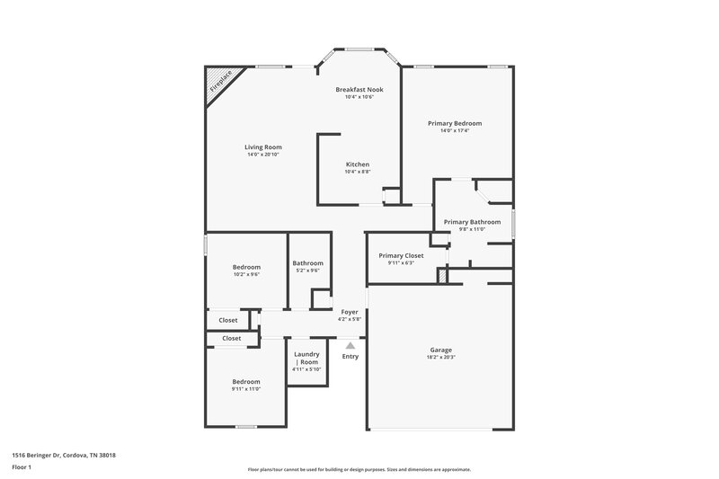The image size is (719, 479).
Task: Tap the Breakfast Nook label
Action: (359, 90)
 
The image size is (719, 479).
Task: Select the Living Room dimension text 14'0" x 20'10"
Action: (263, 155)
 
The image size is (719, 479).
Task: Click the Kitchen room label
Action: (359, 164)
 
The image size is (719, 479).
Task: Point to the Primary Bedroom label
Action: (455, 123)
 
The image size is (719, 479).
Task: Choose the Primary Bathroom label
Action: (472, 221)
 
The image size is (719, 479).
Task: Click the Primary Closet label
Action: (401, 255)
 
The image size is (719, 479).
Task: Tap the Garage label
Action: (440, 350)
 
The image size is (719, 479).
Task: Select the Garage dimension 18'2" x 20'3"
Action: (440, 358)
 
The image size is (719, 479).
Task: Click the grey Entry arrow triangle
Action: (351, 344)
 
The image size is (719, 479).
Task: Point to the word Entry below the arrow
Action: (351, 357)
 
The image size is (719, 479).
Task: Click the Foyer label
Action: (349, 312)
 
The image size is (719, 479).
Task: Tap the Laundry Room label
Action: (306, 358)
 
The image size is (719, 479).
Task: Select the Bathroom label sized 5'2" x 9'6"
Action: (307, 263)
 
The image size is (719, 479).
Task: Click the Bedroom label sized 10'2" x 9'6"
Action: (246, 267)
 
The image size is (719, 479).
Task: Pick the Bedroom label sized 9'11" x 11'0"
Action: (246, 381)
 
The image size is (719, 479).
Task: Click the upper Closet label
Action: (228, 320)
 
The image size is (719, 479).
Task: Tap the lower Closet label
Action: (231, 339)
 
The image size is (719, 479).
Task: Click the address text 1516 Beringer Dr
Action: (63, 455)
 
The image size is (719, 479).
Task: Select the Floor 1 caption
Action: (22, 468)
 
